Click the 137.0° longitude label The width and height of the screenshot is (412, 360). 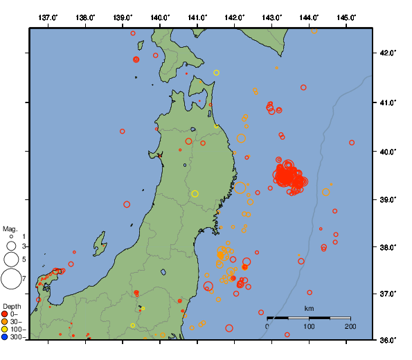48,17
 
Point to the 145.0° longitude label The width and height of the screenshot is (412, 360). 346,17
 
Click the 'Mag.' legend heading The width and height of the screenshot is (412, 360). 10,228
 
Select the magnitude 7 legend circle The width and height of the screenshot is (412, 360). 11,279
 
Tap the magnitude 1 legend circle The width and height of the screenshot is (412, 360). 11,237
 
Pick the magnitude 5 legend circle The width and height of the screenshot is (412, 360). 11,260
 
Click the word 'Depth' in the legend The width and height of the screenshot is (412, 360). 12,306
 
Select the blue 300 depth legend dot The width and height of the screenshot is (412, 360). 5,337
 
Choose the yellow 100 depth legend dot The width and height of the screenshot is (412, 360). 5,330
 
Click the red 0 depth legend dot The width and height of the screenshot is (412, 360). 5,314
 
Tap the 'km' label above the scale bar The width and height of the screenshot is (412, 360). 309,308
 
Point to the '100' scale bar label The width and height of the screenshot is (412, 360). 309,326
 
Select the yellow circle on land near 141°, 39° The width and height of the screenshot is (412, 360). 195,194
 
